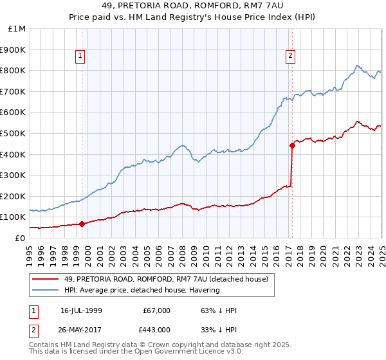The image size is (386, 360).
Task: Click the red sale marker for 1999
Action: click(x=82, y=224)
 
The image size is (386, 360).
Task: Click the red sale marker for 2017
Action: click(x=292, y=145)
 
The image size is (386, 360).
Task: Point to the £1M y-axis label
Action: click(x=17, y=29)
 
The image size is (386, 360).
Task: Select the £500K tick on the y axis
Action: click(x=14, y=133)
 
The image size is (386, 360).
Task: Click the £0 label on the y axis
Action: click(x=19, y=238)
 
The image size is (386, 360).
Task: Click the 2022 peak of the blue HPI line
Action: click(x=358, y=65)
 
